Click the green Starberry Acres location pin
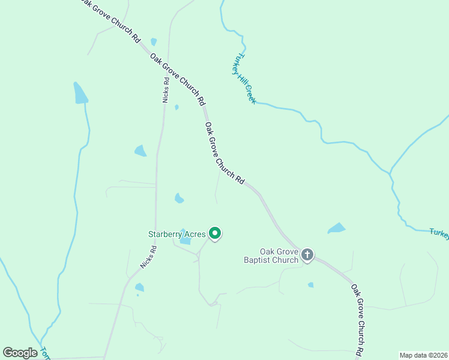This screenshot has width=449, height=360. pyautogui.click(x=214, y=233)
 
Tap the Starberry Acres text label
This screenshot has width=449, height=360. pyautogui.click(x=177, y=234)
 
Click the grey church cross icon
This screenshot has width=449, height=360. pyautogui.click(x=307, y=255)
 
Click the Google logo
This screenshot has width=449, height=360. pyautogui.click(x=20, y=353)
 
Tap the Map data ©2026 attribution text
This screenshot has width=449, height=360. pyautogui.click(x=423, y=355)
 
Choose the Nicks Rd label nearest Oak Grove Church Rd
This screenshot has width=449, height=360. pyautogui.click(x=166, y=89)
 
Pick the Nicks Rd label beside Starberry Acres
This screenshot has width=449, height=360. pyautogui.click(x=148, y=257)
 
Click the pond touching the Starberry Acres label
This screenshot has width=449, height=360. pyautogui.click(x=185, y=240)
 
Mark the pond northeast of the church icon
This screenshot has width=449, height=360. pyautogui.click(x=337, y=228)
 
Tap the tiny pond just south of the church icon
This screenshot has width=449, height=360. pyautogui.click(x=310, y=285)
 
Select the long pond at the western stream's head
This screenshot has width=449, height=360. pyautogui.click(x=80, y=94)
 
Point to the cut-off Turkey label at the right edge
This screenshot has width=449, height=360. pyautogui.click(x=439, y=233)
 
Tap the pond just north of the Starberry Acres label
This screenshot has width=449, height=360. pyautogui.click(x=179, y=198)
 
